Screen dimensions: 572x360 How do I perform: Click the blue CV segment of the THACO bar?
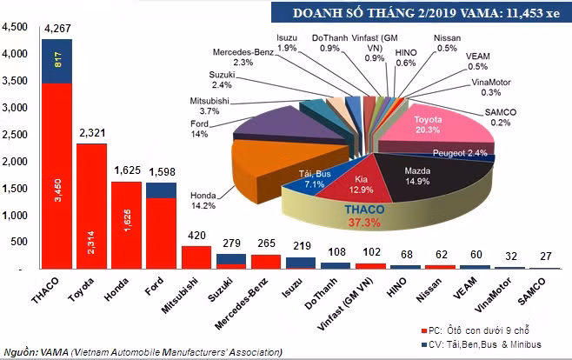57,61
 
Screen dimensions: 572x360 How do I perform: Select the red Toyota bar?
91,206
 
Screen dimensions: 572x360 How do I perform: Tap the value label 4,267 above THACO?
57,29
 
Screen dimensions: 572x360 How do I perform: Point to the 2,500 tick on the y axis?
15,134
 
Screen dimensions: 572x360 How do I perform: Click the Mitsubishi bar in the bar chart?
196,257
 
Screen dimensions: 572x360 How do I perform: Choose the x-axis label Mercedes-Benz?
242,303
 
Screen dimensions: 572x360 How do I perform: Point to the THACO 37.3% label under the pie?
364,216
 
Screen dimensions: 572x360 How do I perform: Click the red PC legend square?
424,331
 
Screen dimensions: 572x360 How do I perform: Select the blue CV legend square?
424,344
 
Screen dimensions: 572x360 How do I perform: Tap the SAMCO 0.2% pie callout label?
500,117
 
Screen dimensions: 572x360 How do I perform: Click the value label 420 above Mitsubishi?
196,236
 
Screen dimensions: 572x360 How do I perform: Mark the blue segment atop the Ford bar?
161,190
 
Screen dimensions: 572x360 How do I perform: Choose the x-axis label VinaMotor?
493,295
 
